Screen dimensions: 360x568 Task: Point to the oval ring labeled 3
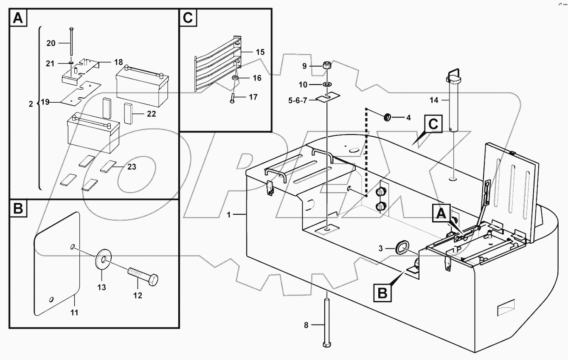pyautogui.click(x=402, y=247)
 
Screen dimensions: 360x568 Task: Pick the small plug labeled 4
pyautogui.click(x=388, y=117)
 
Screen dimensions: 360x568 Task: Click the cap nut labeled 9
pyautogui.click(x=327, y=66)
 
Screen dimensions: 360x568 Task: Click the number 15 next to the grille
pyautogui.click(x=260, y=52)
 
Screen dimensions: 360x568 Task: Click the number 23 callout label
pyautogui.click(x=132, y=167)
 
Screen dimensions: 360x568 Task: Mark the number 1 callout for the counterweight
pyautogui.click(x=228, y=215)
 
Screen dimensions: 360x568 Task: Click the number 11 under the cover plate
pyautogui.click(x=74, y=312)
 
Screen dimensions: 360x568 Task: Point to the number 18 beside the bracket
pyautogui.click(x=118, y=62)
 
